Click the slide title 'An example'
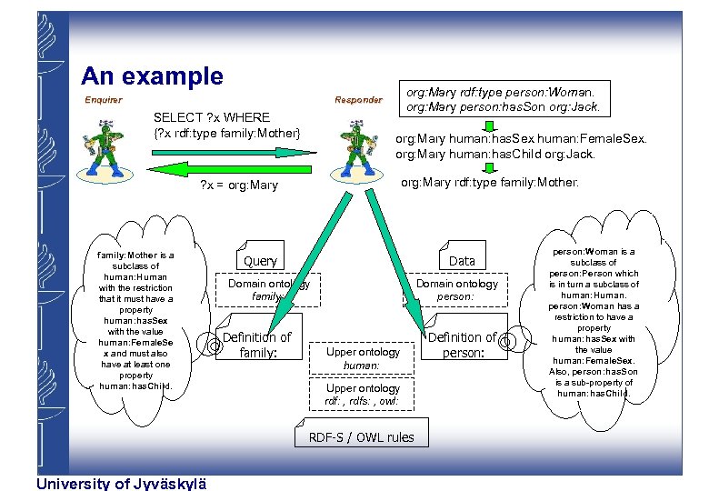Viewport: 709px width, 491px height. click(152, 76)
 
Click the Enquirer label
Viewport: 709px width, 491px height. click(103, 100)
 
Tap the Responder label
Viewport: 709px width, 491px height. click(358, 100)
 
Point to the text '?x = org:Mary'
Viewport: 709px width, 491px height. click(239, 186)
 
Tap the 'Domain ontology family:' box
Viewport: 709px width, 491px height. click(268, 289)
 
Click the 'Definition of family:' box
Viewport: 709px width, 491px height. click(256, 344)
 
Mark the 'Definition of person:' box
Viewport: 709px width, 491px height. click(462, 344)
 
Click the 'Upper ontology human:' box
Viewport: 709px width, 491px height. click(363, 357)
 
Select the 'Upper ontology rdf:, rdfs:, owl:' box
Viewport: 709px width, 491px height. click(363, 394)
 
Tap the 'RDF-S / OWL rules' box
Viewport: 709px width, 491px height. click(361, 437)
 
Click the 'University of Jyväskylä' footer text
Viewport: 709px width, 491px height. click(121, 483)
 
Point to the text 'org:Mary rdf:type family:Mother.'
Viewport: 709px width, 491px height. click(489, 183)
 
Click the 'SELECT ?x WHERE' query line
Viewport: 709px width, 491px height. click(212, 117)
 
